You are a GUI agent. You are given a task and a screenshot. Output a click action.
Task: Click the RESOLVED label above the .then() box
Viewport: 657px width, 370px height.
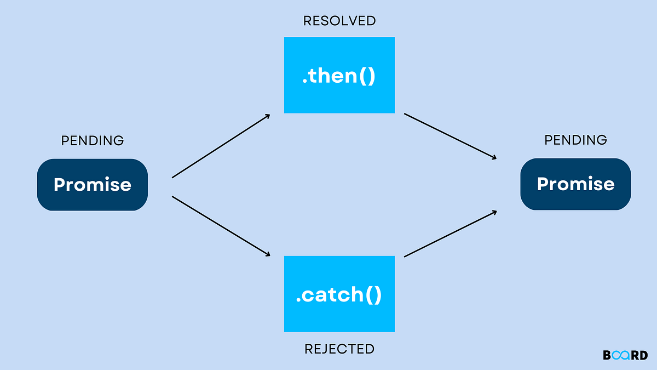pos(339,21)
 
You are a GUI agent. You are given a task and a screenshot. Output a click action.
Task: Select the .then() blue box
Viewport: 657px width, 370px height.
pos(339,75)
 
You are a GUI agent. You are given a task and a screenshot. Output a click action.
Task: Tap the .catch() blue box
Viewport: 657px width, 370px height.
pos(339,294)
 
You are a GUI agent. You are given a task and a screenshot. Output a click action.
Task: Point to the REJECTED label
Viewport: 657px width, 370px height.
pos(339,349)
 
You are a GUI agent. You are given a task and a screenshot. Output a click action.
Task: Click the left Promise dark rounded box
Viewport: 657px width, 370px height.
pos(93,185)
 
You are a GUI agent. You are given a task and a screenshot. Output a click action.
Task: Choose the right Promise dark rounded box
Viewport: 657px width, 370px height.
pos(575,184)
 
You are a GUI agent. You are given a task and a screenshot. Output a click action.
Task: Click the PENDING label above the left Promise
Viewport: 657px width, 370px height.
pos(93,141)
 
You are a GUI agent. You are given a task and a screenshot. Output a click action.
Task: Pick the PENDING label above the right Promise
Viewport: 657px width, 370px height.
pos(575,140)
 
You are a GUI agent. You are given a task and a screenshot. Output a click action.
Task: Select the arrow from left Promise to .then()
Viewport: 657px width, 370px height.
pos(221,146)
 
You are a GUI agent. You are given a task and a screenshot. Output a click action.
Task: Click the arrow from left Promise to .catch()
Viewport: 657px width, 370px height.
pos(221,226)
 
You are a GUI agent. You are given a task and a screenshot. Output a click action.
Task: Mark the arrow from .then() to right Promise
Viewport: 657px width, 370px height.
pos(450,136)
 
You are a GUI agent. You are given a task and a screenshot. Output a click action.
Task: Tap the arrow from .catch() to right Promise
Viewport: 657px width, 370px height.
pos(450,234)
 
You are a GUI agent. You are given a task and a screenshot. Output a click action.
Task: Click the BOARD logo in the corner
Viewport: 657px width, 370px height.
pos(625,355)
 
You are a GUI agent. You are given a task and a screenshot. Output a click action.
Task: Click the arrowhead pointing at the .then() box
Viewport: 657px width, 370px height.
pos(268,116)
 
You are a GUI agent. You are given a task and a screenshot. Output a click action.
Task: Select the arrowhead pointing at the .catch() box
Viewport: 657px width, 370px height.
pos(268,254)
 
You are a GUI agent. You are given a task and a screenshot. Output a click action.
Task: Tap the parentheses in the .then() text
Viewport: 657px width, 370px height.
pos(367,76)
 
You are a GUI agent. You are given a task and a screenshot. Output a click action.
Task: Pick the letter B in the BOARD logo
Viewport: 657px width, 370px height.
pos(607,355)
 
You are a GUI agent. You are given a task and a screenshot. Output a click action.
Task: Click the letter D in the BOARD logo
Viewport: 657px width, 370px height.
pos(644,355)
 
